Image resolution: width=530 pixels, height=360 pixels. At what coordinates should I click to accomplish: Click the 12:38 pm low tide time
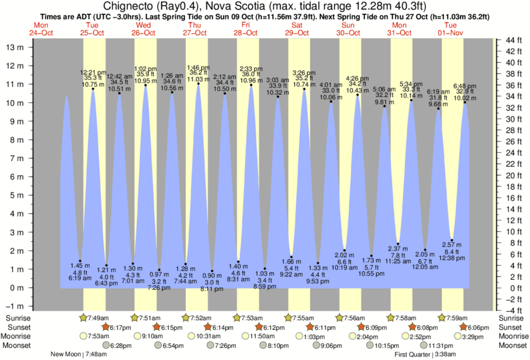(452, 258)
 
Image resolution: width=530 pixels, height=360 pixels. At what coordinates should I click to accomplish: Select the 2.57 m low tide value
(452, 245)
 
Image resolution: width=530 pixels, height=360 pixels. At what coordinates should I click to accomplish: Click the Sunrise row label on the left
(17, 317)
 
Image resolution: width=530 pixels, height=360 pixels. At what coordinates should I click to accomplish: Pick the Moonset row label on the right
(512, 345)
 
